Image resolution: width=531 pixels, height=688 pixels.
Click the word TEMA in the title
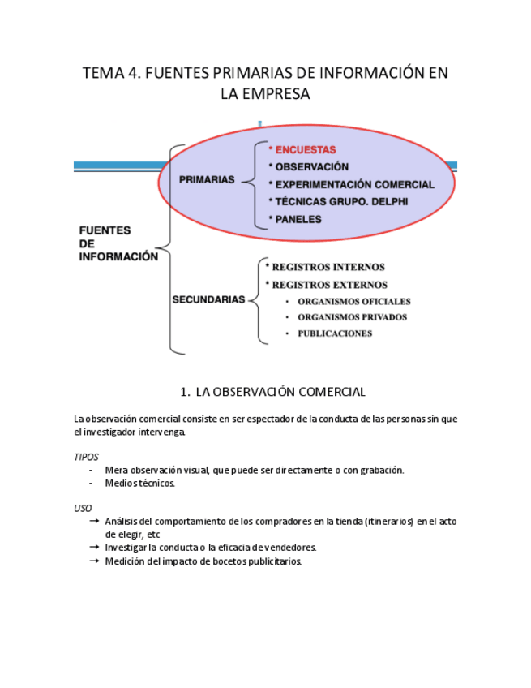101,74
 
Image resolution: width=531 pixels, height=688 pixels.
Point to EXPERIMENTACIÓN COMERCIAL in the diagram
354,184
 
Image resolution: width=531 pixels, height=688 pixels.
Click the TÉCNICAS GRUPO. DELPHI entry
341,201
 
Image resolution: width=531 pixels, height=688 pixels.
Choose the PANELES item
298,219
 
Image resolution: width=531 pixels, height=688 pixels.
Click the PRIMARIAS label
207,180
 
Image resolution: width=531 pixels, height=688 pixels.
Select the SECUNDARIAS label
208,299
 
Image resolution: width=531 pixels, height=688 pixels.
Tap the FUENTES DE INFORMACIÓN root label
118,243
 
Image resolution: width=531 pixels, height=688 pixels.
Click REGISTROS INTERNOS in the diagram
317,267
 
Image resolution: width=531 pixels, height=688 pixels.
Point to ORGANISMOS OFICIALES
354,302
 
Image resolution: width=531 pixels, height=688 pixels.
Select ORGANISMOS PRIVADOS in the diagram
352,317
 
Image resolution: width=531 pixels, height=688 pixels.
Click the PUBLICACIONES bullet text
335,333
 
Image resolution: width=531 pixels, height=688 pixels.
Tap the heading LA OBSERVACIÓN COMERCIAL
280,392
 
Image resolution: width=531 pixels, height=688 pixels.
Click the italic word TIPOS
86,457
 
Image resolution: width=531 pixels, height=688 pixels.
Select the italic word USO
83,508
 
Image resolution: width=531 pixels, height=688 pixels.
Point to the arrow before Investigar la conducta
95,548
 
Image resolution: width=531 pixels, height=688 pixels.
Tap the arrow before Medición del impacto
95,561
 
